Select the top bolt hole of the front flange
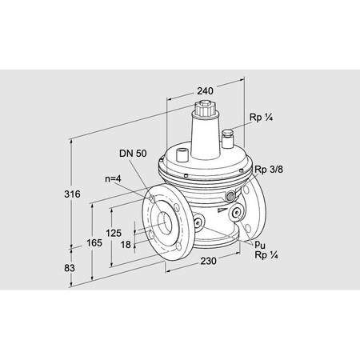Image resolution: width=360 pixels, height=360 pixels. pos(152,195)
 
